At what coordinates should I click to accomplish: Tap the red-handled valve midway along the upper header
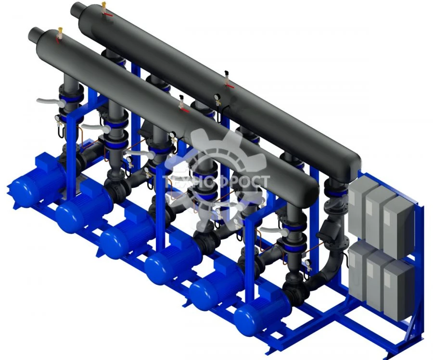[x=229, y=85]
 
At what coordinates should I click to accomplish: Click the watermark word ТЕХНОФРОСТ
[x=216, y=182]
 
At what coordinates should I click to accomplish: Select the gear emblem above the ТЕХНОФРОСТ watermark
[x=216, y=154]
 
